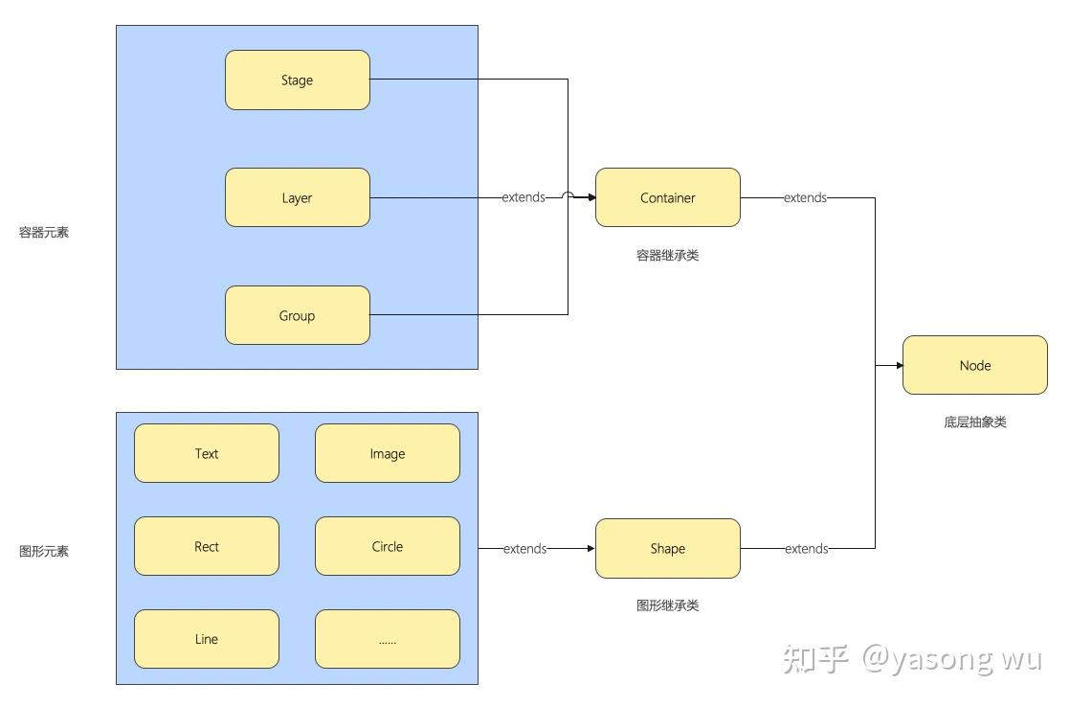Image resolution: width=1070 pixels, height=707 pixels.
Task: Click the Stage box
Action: point(297,80)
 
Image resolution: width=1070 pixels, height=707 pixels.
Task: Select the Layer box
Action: point(297,198)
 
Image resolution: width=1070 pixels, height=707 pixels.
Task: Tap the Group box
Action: point(297,315)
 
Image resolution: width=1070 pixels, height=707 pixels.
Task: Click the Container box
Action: point(667,198)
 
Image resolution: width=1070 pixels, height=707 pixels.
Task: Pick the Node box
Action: point(974,365)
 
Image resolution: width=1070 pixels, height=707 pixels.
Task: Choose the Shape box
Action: point(667,549)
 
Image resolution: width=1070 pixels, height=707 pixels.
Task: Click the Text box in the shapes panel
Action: point(207,454)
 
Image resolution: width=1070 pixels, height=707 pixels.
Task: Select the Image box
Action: point(388,454)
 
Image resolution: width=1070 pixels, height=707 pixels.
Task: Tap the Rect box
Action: point(207,547)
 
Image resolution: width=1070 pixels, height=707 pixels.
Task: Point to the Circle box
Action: point(388,547)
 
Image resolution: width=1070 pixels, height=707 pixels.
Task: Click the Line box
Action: point(207,639)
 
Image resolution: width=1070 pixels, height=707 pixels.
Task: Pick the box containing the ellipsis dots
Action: point(388,639)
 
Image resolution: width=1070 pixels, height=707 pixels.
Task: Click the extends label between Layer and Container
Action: point(524,197)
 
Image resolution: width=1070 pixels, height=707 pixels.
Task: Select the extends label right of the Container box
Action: point(805,197)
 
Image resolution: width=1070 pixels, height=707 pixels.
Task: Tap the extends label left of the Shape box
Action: point(524,549)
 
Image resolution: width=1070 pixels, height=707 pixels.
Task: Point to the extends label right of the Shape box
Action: point(806,549)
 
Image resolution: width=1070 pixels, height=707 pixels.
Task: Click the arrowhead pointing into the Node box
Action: point(899,365)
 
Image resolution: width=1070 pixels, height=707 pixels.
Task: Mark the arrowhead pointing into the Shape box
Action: point(591,549)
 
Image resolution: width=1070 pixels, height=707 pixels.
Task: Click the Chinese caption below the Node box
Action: point(974,422)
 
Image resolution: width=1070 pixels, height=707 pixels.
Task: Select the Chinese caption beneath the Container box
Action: point(667,256)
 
